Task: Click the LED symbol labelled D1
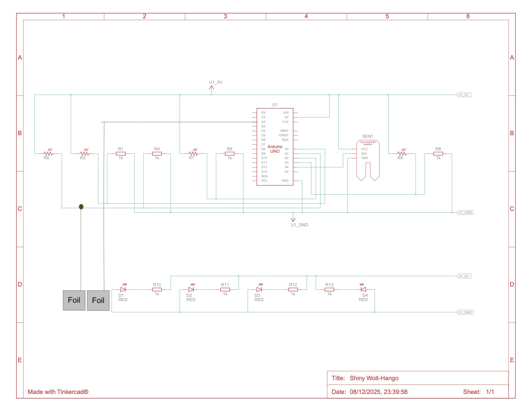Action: [123, 289]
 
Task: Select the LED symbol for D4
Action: [363, 289]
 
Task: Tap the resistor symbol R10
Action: [157, 289]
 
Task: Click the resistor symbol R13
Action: [329, 289]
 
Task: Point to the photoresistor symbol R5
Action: [48, 153]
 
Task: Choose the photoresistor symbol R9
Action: [402, 153]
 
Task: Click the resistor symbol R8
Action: [438, 154]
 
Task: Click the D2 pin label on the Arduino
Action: [263, 122]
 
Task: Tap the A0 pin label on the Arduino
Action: [287, 149]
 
